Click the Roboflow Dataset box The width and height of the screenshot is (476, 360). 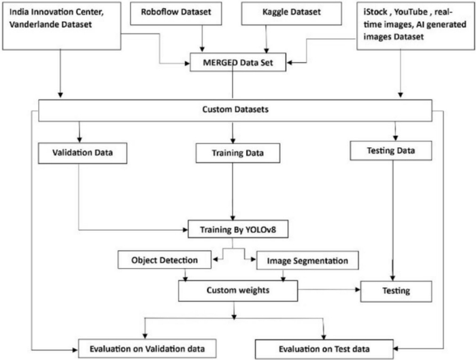click(175, 14)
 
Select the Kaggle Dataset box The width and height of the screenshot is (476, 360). click(291, 14)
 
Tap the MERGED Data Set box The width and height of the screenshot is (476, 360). click(238, 63)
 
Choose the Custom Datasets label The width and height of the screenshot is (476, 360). click(235, 110)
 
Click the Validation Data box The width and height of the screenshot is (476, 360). click(82, 153)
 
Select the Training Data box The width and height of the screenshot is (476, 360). click(238, 153)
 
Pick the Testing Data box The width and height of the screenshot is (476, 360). click(391, 150)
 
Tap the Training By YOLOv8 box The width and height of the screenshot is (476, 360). click(238, 229)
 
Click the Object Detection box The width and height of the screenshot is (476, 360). click(165, 260)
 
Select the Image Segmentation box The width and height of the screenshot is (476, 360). click(307, 261)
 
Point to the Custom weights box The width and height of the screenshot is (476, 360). click(238, 291)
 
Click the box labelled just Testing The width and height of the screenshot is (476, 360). click(396, 291)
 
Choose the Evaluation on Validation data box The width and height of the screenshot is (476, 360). click(148, 348)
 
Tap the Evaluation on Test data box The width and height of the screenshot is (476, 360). click(324, 349)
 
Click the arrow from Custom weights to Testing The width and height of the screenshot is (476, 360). click(329, 289)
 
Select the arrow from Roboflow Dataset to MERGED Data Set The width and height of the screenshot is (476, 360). click(202, 39)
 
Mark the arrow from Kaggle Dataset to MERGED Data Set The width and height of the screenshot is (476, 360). click(267, 39)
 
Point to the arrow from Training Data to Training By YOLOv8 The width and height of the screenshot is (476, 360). click(233, 192)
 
